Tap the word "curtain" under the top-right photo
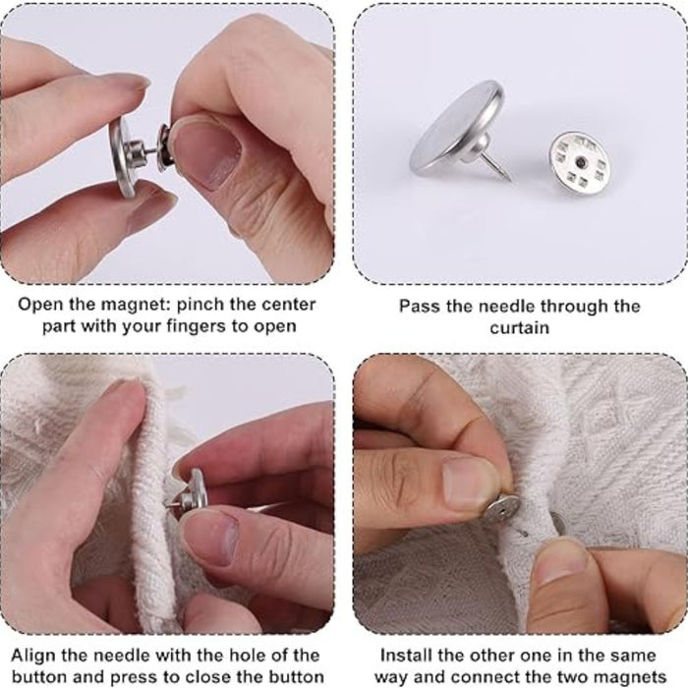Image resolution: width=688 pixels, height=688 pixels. coord(519,327)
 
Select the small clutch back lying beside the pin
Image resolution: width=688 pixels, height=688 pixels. coord(581,158)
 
